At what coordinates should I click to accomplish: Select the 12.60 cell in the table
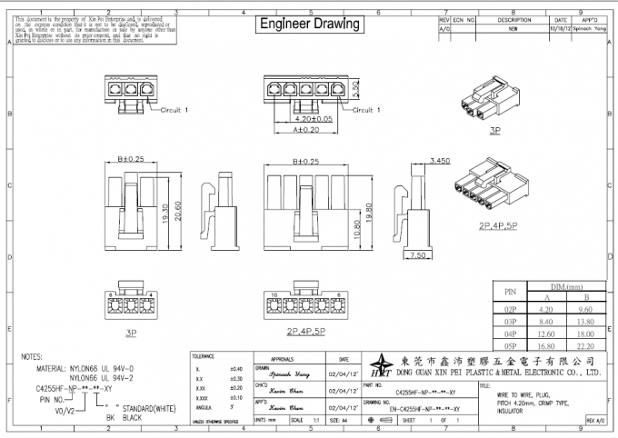pyautogui.click(x=547, y=333)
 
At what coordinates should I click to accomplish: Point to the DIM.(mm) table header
pyautogui.click(x=565, y=284)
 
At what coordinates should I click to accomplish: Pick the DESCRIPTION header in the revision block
pyautogui.click(x=513, y=19)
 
